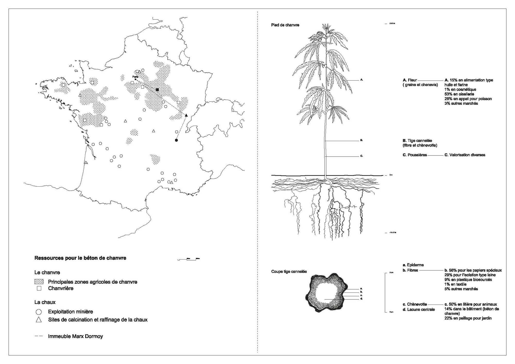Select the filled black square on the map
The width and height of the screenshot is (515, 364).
pyautogui.click(x=157, y=90)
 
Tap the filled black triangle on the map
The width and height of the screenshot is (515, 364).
pyautogui.click(x=186, y=115)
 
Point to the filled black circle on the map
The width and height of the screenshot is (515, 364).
pyautogui.click(x=176, y=140)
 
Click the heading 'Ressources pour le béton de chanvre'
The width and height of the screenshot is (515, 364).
pyautogui.click(x=80, y=258)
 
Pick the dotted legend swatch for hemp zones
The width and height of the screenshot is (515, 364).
pyautogui.click(x=39, y=282)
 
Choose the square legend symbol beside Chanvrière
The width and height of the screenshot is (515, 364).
pyautogui.click(x=39, y=288)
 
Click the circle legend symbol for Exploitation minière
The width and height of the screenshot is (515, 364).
pyautogui.click(x=39, y=312)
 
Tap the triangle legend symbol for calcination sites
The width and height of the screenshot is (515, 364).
pyautogui.click(x=39, y=320)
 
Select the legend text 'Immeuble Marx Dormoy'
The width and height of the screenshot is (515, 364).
pyautogui.click(x=75, y=336)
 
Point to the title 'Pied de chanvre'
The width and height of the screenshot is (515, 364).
pyautogui.click(x=285, y=25)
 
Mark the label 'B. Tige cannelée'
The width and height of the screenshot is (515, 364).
pyautogui.click(x=417, y=141)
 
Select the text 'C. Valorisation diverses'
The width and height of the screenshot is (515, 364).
pyautogui.click(x=465, y=155)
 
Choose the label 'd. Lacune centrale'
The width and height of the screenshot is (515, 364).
pyautogui.click(x=419, y=309)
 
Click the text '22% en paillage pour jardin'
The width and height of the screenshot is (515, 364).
pyautogui.click(x=468, y=318)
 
